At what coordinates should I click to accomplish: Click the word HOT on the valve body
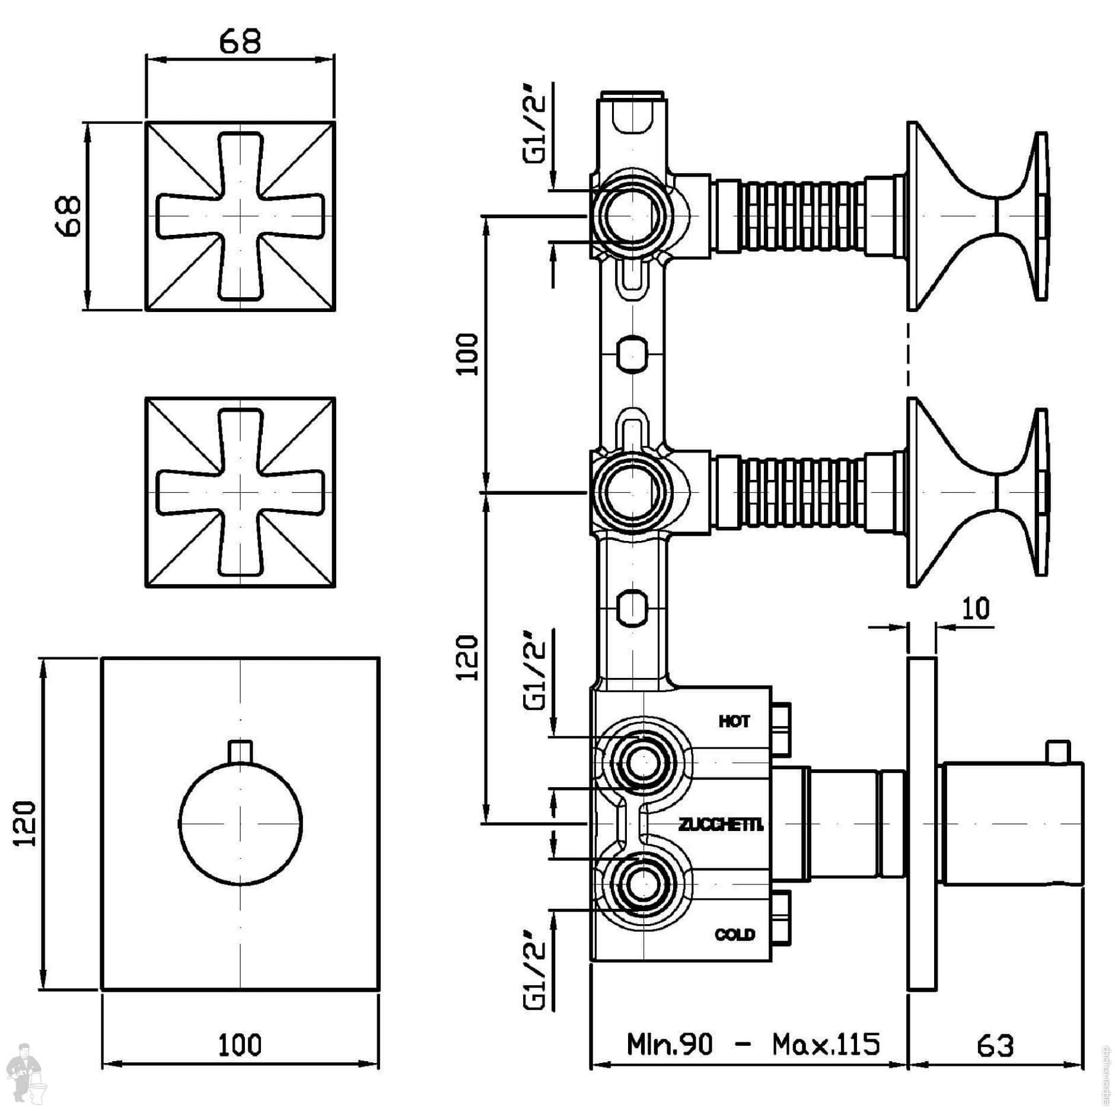coord(734,721)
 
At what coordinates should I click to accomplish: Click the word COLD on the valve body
coord(735,934)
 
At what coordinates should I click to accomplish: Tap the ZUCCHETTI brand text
coord(721,825)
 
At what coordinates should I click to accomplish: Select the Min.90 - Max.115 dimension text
coord(753,1044)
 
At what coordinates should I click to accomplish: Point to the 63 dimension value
coord(995,1046)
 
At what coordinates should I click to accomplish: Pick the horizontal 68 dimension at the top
coord(240,42)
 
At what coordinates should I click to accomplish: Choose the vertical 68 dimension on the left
coord(70,217)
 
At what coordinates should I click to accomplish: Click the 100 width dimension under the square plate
coord(240,1045)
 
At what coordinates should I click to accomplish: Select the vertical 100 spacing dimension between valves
coord(469,354)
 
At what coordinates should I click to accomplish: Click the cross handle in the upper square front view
coord(240,216)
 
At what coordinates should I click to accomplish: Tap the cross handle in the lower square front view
coord(240,492)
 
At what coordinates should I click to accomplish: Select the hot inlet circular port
coord(642,762)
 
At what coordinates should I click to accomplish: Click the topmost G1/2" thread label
coord(536,129)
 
